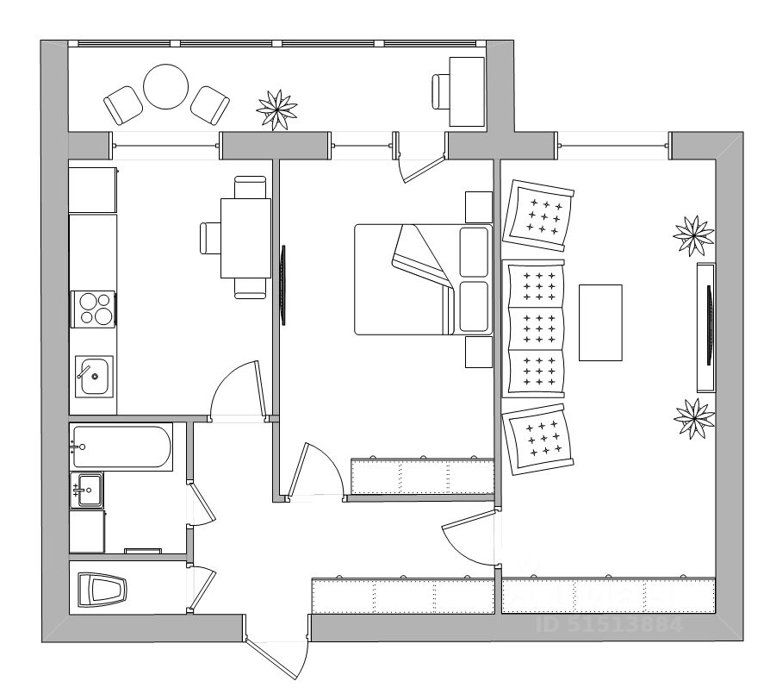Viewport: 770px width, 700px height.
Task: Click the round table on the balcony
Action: [x=165, y=87]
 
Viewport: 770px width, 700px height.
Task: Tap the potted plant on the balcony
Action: [x=277, y=109]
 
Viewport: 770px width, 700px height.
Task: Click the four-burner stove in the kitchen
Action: [x=95, y=309]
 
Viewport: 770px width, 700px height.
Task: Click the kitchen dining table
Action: [x=245, y=238]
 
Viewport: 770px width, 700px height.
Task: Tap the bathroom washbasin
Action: [x=89, y=490]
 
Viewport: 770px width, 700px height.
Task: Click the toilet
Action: [x=102, y=591]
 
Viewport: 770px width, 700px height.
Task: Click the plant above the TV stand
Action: [x=693, y=234]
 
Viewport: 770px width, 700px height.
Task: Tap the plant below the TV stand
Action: [x=693, y=417]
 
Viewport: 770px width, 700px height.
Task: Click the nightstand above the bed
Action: [x=478, y=207]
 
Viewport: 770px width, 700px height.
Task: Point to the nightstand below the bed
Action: [x=478, y=352]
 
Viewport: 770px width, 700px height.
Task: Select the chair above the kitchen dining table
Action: [x=250, y=186]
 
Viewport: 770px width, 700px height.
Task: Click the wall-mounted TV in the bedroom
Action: [x=283, y=284]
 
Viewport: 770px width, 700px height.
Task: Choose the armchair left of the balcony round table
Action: [x=123, y=105]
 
